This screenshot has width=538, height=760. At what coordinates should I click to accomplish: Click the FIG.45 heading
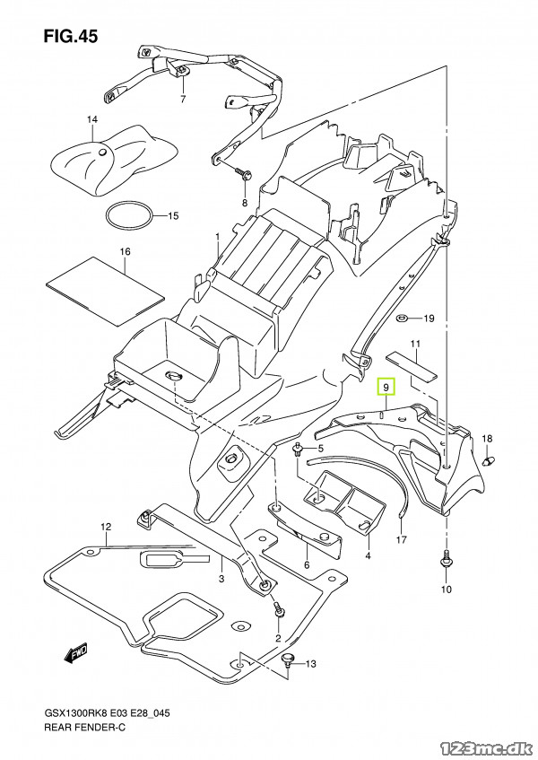(69, 37)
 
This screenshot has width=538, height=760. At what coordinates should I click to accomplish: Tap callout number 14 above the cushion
(91, 120)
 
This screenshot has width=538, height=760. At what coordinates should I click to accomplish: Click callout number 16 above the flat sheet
(125, 251)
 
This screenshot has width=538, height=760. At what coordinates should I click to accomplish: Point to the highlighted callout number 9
(386, 388)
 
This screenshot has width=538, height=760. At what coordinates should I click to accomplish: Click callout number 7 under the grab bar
(182, 99)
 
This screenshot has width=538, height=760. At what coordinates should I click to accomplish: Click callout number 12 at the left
(105, 527)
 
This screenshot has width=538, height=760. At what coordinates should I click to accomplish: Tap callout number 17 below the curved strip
(401, 540)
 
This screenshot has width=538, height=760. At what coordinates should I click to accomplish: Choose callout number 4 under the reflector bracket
(368, 556)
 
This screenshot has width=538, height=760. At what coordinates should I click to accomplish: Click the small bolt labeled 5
(297, 448)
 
